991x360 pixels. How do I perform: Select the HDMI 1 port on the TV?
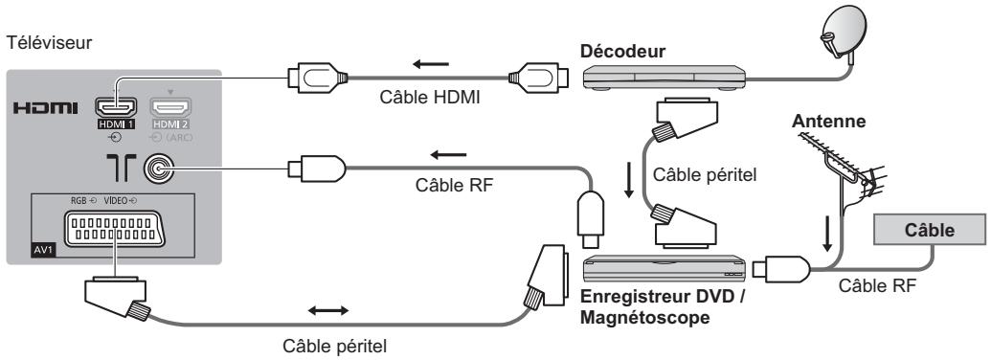pos(113,112)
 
